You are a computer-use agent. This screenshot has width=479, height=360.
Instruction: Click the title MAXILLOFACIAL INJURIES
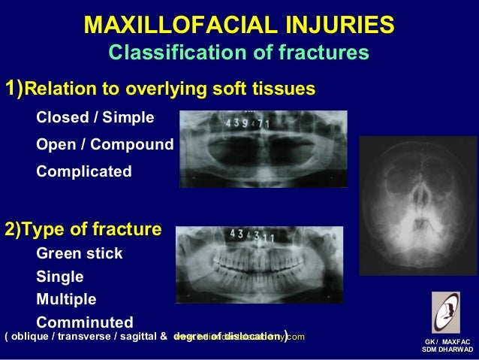click(239, 25)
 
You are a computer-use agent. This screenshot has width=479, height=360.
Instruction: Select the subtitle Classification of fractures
click(238, 53)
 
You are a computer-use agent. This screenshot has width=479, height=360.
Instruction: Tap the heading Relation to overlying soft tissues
click(160, 90)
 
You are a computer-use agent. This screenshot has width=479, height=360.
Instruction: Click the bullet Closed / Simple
click(95, 118)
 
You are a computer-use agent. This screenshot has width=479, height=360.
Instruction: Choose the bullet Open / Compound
click(105, 144)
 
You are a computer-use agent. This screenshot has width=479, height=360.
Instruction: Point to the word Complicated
click(84, 171)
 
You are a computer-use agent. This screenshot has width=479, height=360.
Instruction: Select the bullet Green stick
click(80, 253)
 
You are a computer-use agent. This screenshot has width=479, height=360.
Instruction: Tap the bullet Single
click(60, 277)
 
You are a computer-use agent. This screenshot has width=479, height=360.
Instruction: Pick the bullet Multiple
click(66, 299)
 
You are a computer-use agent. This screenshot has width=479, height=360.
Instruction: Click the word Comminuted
click(85, 322)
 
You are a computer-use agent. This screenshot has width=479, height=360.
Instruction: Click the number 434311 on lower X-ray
click(252, 237)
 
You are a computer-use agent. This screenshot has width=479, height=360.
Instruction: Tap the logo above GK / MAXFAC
click(446, 312)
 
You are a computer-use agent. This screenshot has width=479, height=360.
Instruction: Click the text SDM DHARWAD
click(447, 350)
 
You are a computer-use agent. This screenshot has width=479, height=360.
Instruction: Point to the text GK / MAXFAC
click(447, 341)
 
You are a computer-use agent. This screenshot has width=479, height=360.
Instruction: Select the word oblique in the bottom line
click(30, 337)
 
